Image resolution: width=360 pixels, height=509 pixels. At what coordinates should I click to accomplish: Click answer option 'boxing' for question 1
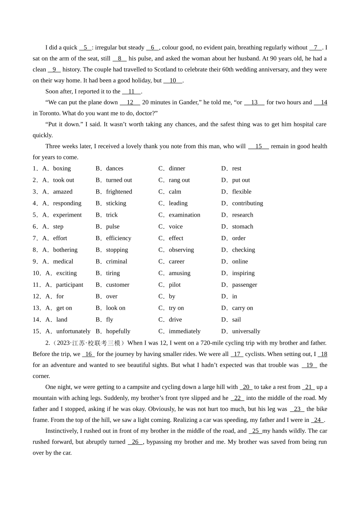(62, 169)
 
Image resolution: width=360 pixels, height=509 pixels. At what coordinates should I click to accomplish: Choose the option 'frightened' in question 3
(119, 192)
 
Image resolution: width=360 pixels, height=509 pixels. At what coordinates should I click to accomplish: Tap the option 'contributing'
(247, 203)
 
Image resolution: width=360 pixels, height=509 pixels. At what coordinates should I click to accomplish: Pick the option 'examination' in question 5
(184, 215)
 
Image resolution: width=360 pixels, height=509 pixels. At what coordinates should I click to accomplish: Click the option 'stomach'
(243, 226)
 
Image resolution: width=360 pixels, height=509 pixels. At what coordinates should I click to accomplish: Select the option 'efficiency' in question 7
(119, 238)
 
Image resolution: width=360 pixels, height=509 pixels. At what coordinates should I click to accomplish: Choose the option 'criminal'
(117, 261)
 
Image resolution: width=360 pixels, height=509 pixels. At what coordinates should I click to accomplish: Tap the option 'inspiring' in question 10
(243, 273)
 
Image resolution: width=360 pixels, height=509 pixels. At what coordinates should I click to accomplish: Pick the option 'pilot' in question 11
(175, 285)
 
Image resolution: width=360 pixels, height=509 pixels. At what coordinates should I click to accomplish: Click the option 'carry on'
(243, 308)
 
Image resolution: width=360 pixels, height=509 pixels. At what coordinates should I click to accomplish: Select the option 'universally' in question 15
(246, 331)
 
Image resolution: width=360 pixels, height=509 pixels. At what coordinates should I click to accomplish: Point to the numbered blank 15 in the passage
(258, 146)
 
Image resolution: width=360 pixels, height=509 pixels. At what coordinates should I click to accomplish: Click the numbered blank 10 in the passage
(173, 80)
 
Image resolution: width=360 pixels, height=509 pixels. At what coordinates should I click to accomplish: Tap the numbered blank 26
(135, 442)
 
